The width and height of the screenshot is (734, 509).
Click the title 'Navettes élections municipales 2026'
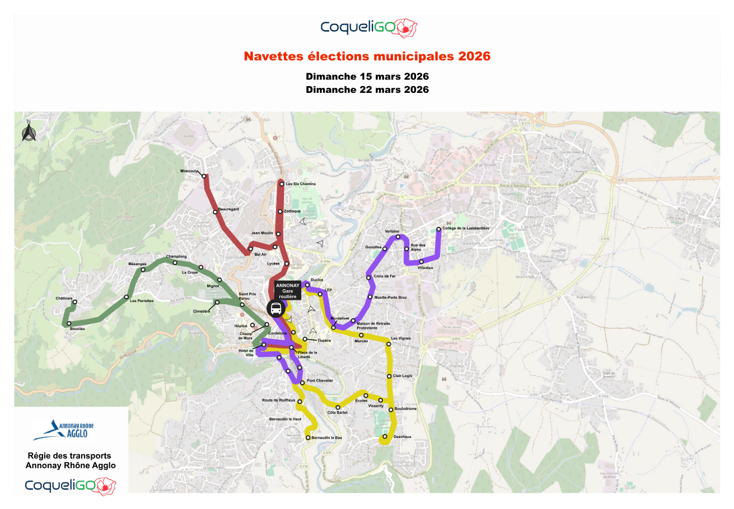click(x=367, y=56)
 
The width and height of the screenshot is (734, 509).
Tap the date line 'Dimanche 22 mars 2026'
click(x=367, y=89)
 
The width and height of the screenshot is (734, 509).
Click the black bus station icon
click(x=275, y=307)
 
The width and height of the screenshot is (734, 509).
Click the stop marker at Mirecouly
click(x=204, y=177)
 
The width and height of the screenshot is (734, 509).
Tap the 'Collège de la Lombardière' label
click(x=466, y=228)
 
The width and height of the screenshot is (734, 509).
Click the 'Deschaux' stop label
click(x=403, y=436)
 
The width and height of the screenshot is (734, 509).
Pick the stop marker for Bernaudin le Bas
click(x=308, y=438)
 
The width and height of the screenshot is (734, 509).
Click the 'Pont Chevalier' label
click(x=320, y=380)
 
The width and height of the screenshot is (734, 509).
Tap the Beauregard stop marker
click(x=215, y=212)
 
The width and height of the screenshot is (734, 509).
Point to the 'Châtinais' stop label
click(x=64, y=298)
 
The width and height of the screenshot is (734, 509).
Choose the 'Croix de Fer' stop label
click(x=385, y=276)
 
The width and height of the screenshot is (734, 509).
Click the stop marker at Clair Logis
click(x=389, y=376)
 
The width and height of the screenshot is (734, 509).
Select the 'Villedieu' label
click(x=426, y=268)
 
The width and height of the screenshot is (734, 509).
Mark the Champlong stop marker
click(x=175, y=262)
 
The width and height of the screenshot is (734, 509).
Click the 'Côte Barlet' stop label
click(x=337, y=413)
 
